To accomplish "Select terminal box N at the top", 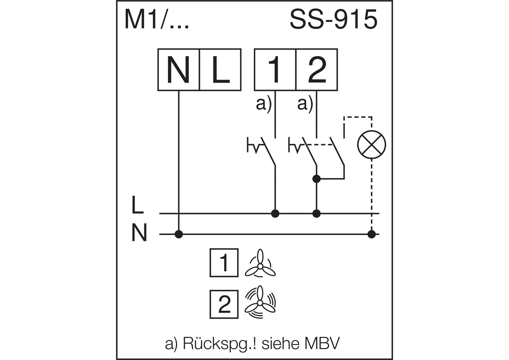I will coord(179,70).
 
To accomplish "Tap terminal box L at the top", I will coord(220,70).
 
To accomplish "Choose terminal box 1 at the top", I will coord(275,70).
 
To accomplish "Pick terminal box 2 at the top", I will coord(317,70).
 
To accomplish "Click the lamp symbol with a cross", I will coord(371,145).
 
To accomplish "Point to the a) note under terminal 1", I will coord(263,104).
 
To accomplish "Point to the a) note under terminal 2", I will coord(305,104).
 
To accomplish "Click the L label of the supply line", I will coord(137,204).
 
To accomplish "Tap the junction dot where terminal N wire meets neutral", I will coord(179,234).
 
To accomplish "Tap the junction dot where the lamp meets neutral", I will coord(372,234).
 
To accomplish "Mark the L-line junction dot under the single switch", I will coord(275,213).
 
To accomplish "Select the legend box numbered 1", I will coord(224,263).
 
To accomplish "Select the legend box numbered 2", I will coord(224,304).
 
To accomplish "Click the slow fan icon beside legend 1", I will coord(260,264).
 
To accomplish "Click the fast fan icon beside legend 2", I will coord(260,303).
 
